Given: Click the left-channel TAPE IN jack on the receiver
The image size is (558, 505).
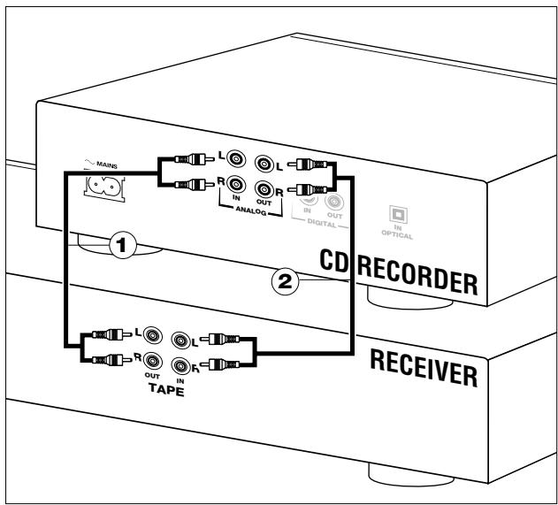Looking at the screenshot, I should pyautogui.click(x=182, y=339).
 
